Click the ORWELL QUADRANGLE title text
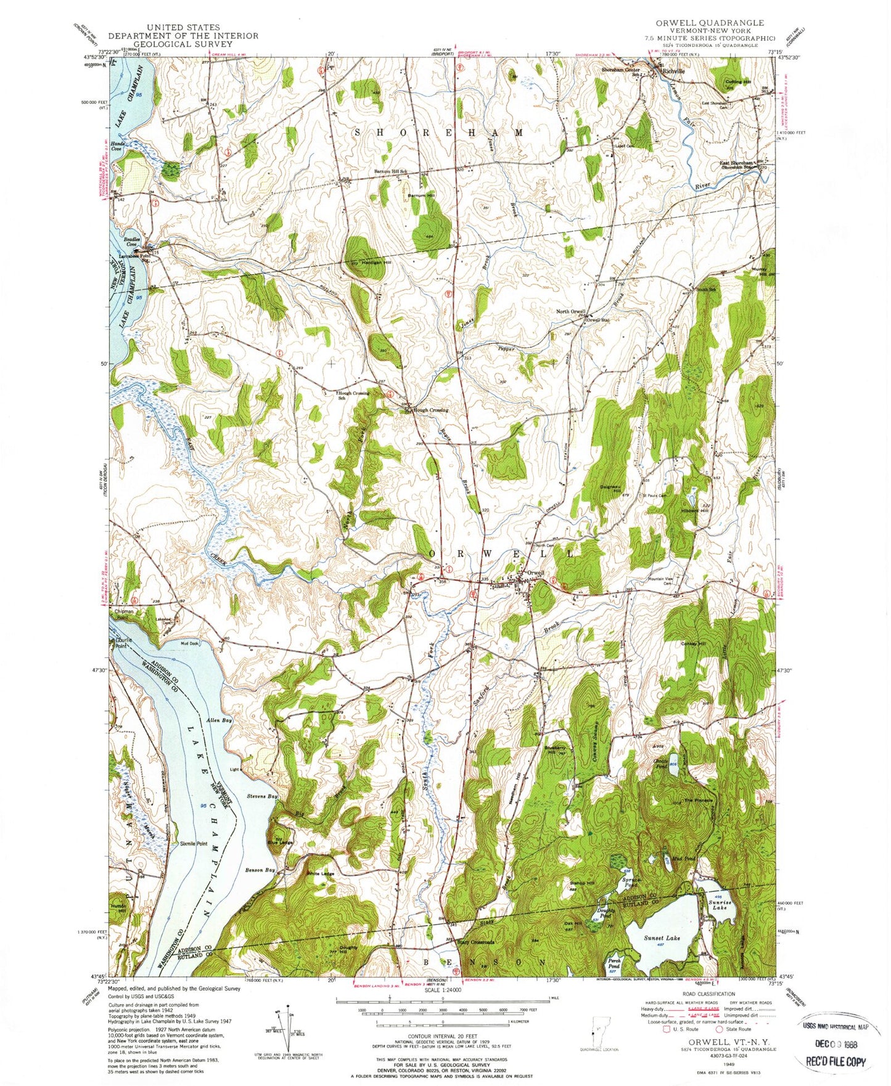point(709,23)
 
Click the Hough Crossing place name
point(431,410)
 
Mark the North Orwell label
point(570,311)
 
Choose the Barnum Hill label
point(421,195)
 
